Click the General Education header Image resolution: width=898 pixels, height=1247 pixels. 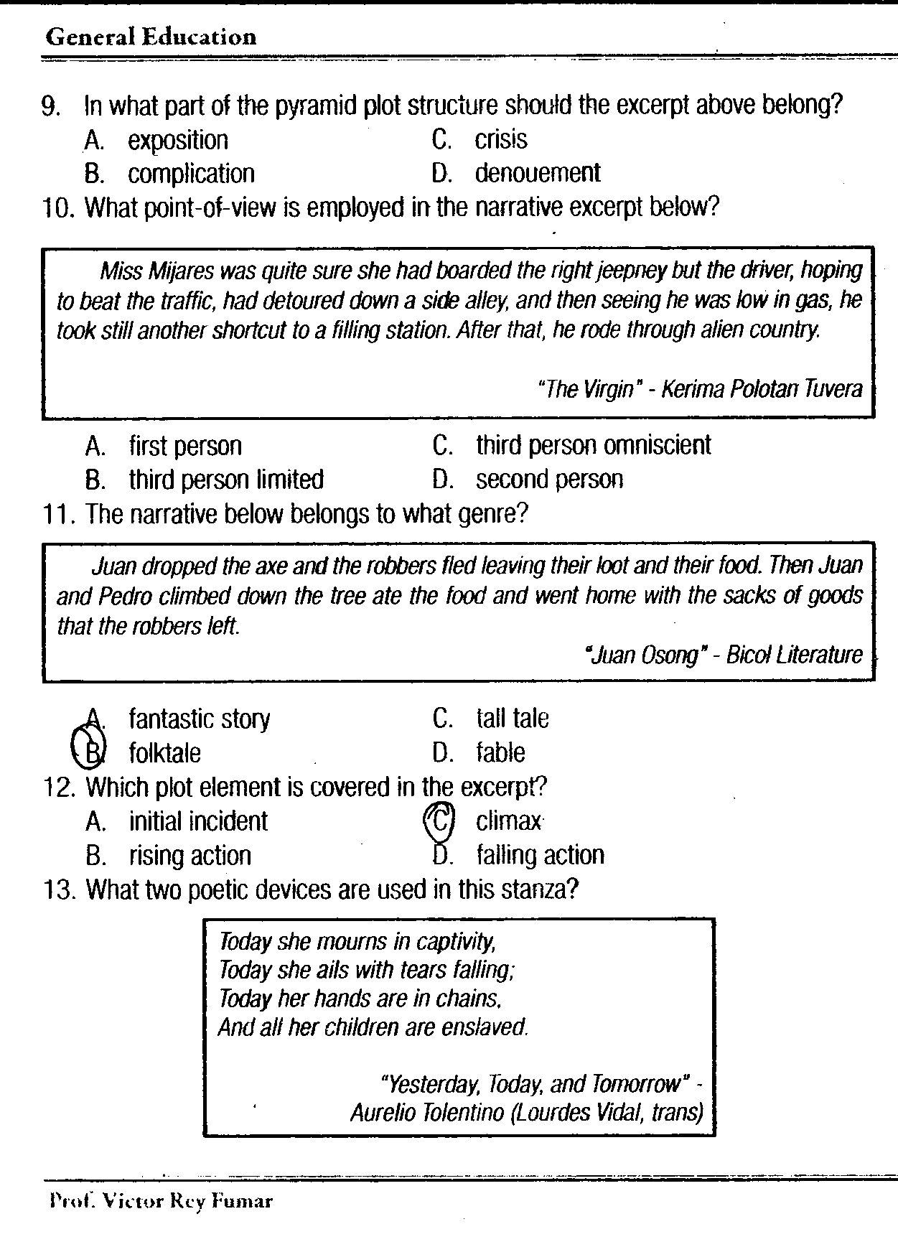151,37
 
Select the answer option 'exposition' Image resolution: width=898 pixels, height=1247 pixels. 177,140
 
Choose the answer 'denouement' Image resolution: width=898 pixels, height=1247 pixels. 537,173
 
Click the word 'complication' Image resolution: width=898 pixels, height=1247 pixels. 191,174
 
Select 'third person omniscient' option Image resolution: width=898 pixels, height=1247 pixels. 593,445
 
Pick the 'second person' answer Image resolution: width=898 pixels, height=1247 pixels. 549,479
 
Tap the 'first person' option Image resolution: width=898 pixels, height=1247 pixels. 185,446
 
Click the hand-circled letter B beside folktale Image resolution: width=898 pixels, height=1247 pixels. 91,750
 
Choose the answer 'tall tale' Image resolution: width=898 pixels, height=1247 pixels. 512,719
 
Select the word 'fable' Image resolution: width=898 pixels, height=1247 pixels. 500,752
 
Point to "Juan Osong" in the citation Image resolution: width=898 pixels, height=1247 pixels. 642,655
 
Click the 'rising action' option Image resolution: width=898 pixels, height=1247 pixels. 190,856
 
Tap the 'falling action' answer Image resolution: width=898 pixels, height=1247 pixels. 540,855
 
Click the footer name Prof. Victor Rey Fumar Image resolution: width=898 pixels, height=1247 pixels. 161,1200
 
